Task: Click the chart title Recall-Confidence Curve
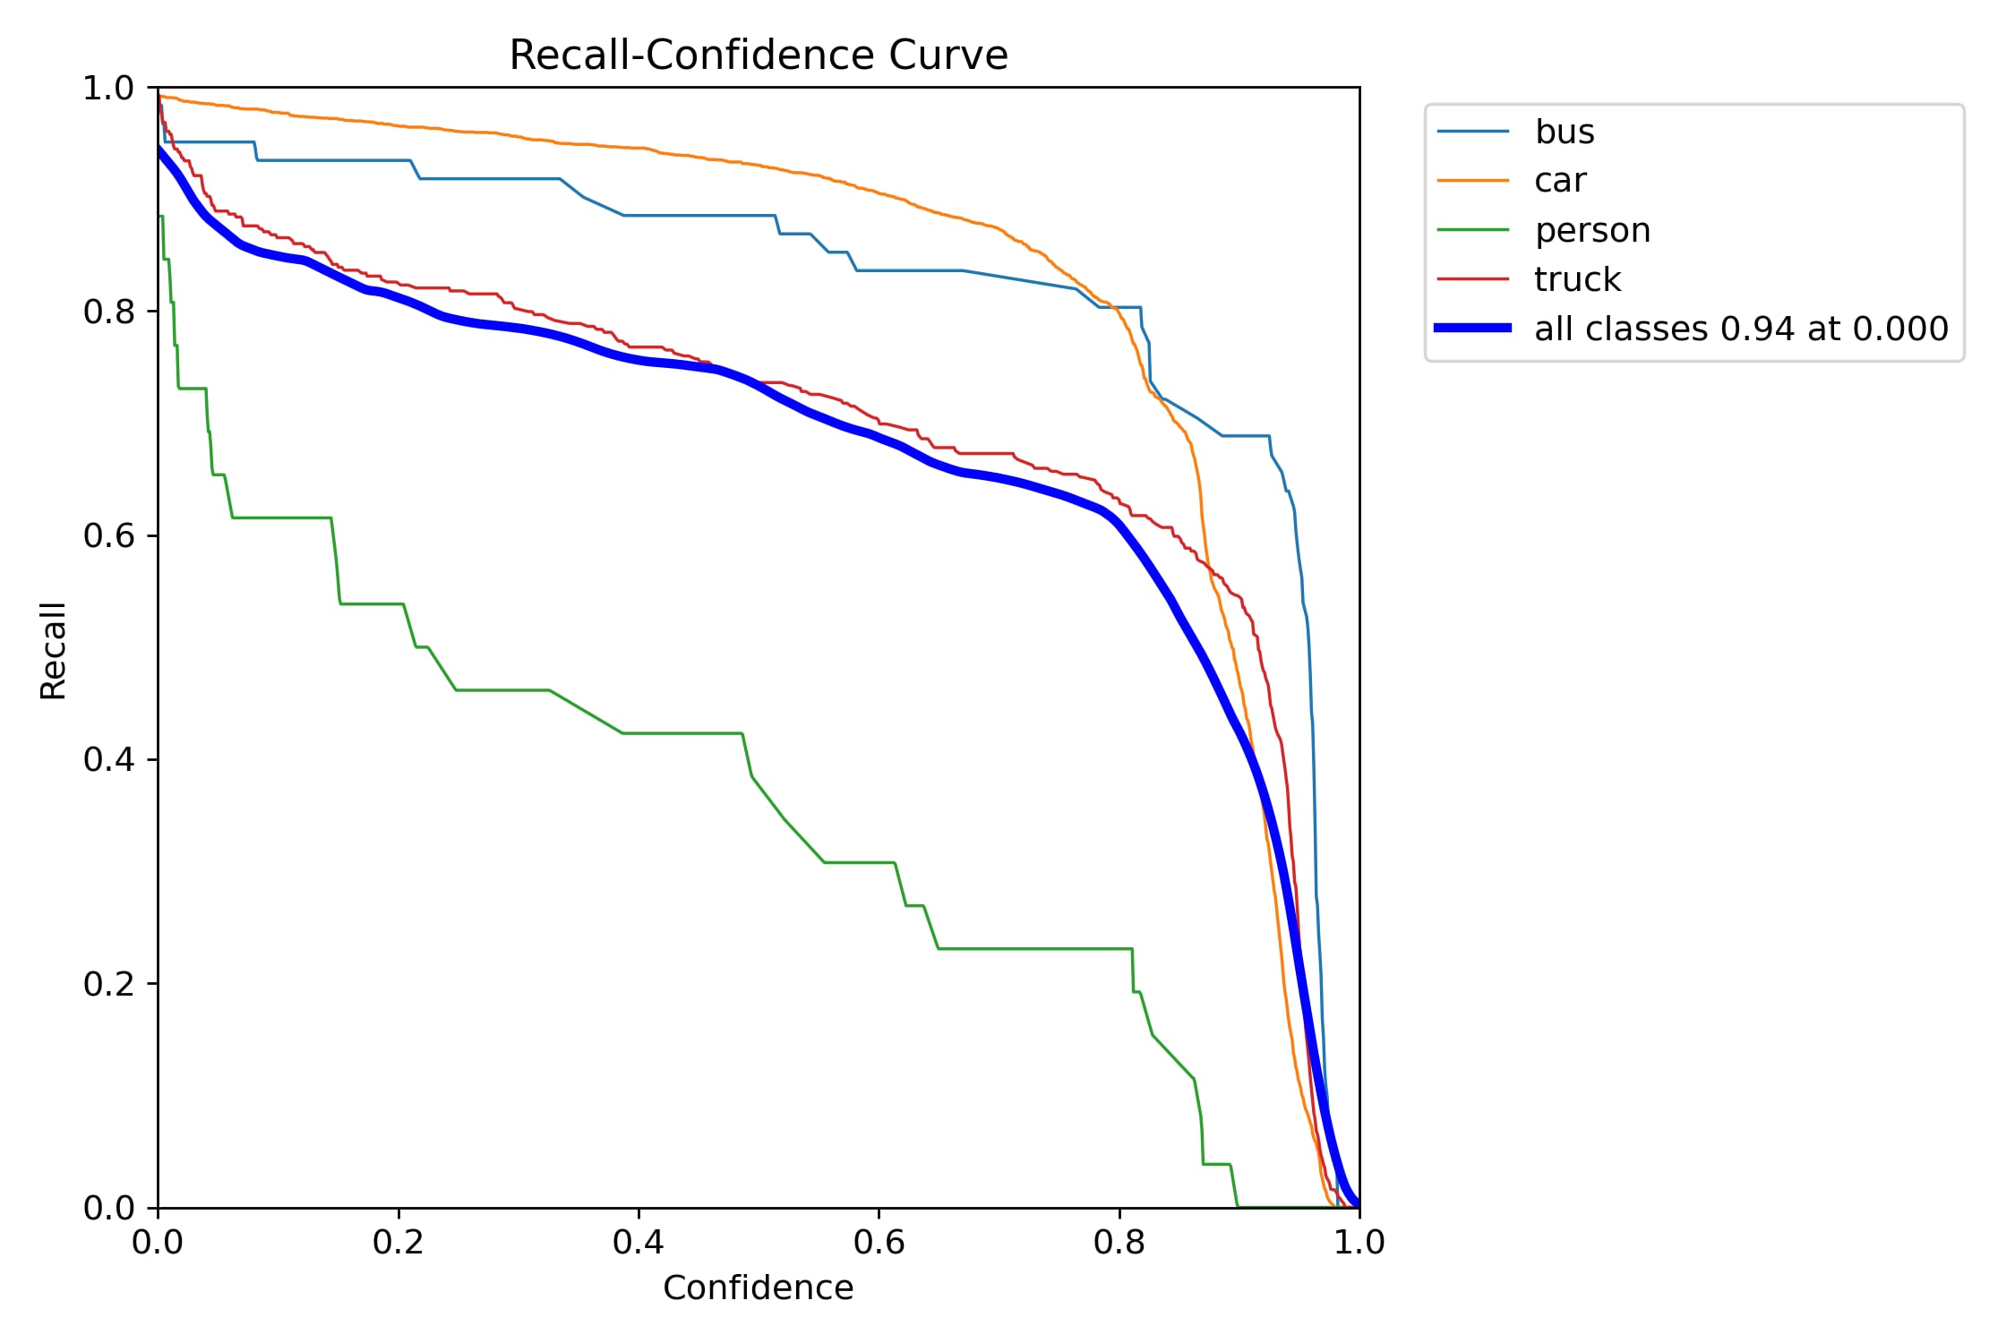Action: [x=758, y=56]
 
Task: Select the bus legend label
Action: [x=1564, y=133]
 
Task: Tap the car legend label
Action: [x=1559, y=181]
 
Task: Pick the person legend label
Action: [x=1591, y=231]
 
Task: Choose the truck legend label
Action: [x=1576, y=280]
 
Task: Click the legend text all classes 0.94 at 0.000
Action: [x=1740, y=329]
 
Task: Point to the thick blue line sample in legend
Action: [x=1472, y=329]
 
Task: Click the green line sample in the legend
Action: [x=1472, y=230]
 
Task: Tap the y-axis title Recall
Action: [x=54, y=650]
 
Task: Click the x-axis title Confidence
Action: [x=758, y=1288]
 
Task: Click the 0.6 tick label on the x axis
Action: [x=879, y=1243]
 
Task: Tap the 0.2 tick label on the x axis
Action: [x=398, y=1243]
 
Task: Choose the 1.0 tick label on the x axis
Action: [x=1359, y=1243]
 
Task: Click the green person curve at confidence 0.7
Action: [x=999, y=948]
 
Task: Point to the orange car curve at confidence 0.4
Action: [x=639, y=148]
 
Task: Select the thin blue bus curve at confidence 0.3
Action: [x=519, y=179]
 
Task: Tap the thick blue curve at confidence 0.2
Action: [x=398, y=298]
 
